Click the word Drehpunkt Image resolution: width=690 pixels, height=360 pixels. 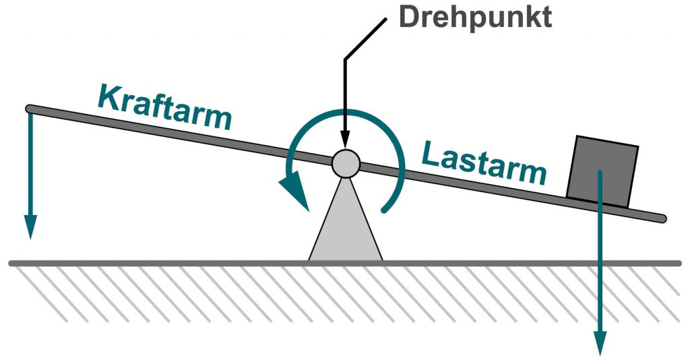point(474,17)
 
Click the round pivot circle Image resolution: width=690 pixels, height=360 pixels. point(345,164)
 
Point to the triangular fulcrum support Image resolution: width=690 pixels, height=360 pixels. point(346,222)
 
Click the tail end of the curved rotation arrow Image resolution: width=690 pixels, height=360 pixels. point(385,210)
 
